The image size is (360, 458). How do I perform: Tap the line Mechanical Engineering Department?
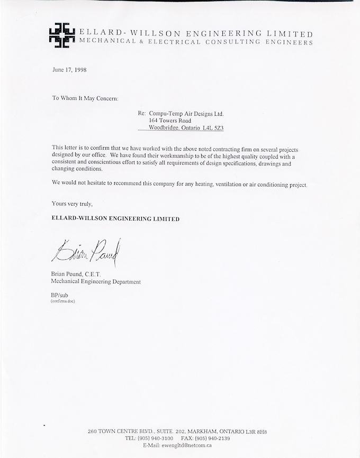click(x=96, y=282)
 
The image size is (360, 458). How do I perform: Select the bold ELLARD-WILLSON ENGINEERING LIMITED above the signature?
click(x=115, y=218)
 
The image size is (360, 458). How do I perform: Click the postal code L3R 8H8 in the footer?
click(x=255, y=432)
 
